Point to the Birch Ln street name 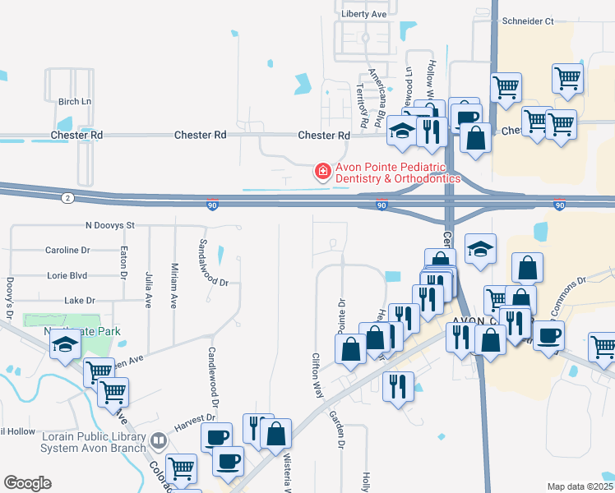pos(74,102)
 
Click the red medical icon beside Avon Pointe pos(323,172)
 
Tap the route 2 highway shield pos(65,197)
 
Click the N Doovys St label pos(109,225)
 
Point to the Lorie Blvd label pos(69,276)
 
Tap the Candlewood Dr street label pos(212,377)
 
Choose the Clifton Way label pos(316,376)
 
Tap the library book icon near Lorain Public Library pos(158,442)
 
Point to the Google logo pos(27,482)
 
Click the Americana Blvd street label pos(377,97)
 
